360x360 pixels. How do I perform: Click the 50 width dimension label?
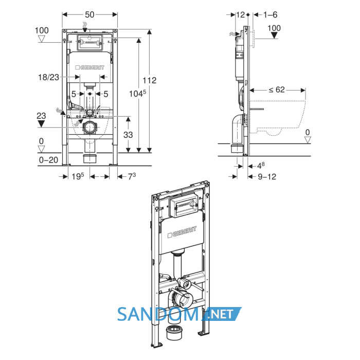tap(89, 15)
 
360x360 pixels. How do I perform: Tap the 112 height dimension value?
tap(150, 80)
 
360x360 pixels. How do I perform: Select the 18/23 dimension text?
tap(48, 77)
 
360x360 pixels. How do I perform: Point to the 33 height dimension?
tap(128, 135)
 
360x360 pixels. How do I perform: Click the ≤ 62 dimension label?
tap(277, 89)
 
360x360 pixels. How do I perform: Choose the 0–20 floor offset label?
tap(48, 160)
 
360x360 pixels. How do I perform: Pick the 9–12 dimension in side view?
tap(267, 177)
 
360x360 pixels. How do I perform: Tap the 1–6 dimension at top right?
tap(270, 15)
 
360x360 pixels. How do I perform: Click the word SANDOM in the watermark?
tap(158, 314)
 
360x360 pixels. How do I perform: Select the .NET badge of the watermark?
tap(222, 314)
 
